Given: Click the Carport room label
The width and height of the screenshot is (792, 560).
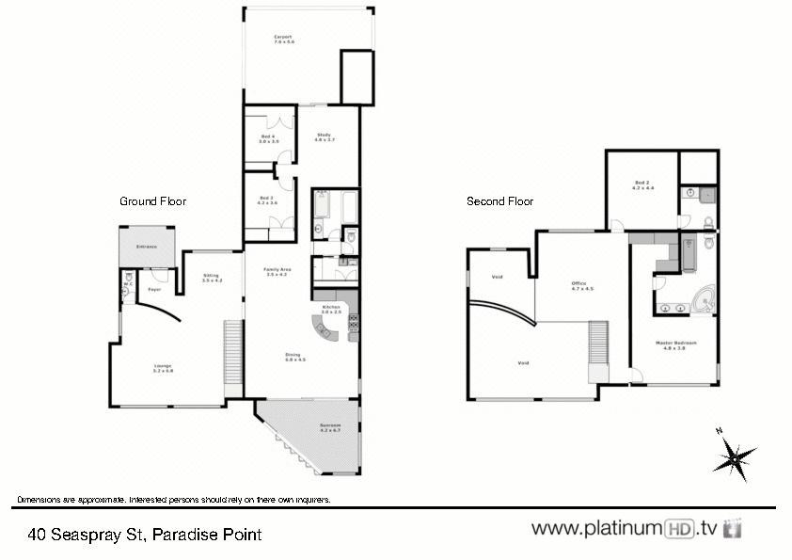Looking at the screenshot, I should click(284, 40).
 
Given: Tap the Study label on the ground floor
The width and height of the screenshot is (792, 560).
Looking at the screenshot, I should click(325, 137).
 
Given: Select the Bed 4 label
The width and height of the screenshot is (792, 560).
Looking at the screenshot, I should click(269, 138).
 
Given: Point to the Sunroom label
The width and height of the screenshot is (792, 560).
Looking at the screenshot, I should click(329, 428).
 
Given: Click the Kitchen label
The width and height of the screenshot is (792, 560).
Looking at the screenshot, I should click(331, 309).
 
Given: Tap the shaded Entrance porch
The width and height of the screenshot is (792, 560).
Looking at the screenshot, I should click(147, 247).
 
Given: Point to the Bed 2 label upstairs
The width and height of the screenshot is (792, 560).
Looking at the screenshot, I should click(642, 185).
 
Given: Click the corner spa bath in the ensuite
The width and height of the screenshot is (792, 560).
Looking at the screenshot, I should click(702, 301).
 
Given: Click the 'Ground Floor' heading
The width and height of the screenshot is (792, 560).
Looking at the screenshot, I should click(152, 201).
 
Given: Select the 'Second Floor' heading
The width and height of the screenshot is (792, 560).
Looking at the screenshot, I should click(500, 201).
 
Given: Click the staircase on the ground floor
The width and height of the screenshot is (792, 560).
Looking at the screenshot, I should click(233, 352).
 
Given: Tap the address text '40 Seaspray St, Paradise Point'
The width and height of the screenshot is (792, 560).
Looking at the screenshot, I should click(145, 535).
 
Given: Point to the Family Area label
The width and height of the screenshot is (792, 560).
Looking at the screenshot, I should click(277, 272).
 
